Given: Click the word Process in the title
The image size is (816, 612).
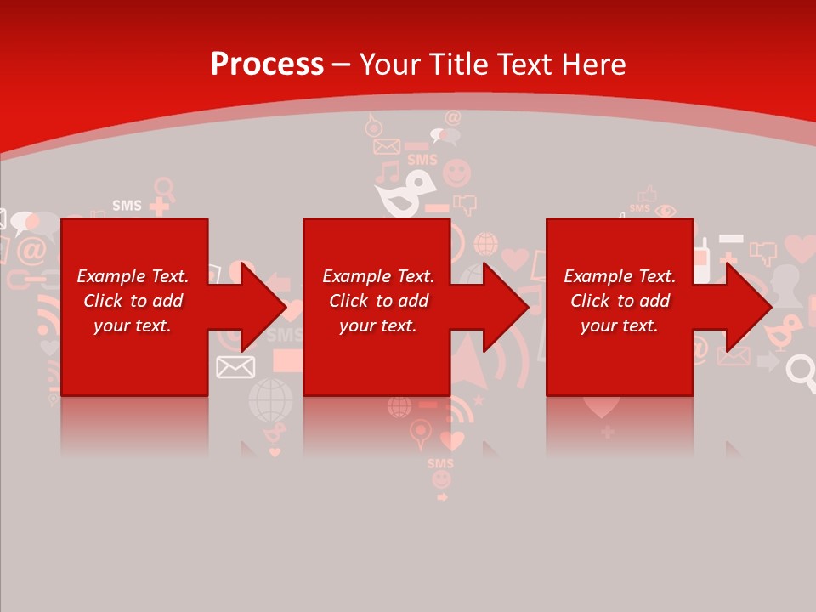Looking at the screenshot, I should [x=267, y=64].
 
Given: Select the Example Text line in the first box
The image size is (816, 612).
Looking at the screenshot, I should [x=133, y=276].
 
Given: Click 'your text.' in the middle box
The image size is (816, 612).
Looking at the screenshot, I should [x=377, y=326].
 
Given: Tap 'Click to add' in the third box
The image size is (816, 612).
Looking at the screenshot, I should [x=620, y=301].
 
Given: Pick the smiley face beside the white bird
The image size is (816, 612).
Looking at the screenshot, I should [x=456, y=173].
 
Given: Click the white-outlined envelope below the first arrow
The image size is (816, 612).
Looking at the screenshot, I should [x=235, y=367].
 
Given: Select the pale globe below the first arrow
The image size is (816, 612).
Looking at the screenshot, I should [x=270, y=399].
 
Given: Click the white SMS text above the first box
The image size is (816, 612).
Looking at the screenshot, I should [x=127, y=206].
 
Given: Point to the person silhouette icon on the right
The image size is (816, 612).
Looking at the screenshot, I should [x=785, y=285].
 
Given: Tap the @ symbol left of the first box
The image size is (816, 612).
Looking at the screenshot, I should [x=31, y=250].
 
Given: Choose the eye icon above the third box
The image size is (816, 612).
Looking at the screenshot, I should [x=666, y=210].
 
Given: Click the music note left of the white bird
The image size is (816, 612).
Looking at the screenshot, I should [x=388, y=173].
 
